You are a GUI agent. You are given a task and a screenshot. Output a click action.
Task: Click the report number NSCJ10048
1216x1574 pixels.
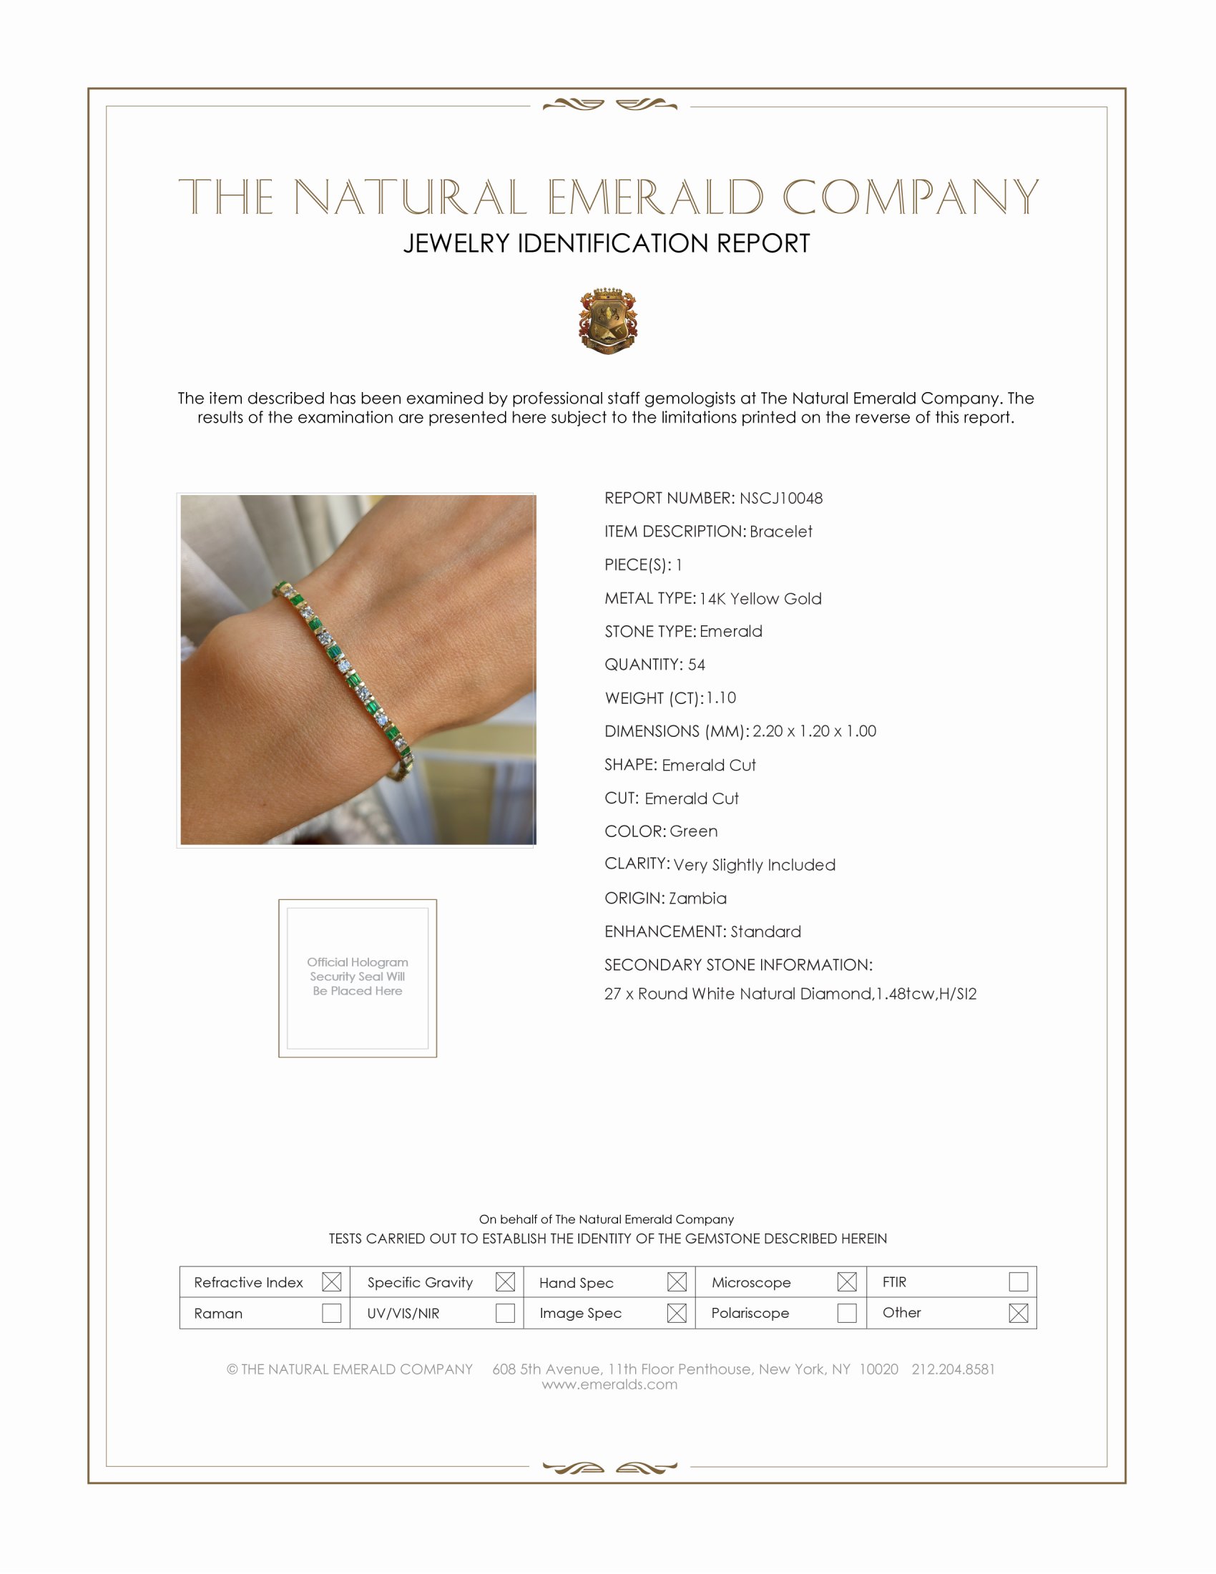(x=781, y=498)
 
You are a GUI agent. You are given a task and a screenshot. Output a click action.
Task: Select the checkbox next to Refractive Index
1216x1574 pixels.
(x=331, y=1282)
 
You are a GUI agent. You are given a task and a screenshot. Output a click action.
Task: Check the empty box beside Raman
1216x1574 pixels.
(x=331, y=1313)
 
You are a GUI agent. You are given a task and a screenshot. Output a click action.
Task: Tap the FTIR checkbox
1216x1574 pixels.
(x=1018, y=1282)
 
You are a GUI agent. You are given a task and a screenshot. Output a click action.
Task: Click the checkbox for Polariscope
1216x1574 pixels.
(x=847, y=1313)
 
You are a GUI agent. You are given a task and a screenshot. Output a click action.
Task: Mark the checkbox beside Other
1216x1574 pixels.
(x=1018, y=1313)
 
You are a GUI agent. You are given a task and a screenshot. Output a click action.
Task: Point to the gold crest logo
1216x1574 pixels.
(x=608, y=321)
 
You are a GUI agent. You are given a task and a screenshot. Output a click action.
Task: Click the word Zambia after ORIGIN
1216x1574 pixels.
(x=697, y=898)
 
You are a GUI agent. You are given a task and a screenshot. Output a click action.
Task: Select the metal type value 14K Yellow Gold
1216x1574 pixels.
(x=760, y=598)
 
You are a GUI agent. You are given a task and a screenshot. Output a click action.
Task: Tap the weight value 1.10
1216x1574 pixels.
(x=721, y=698)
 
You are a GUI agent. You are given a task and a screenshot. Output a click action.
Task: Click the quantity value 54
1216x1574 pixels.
(x=697, y=665)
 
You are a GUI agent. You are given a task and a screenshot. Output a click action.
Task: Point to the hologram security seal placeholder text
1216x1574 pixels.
(x=358, y=977)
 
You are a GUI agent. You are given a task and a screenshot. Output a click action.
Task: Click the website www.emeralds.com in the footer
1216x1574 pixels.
(x=609, y=1384)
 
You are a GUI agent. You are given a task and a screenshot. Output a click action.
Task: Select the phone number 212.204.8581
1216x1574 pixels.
(x=953, y=1369)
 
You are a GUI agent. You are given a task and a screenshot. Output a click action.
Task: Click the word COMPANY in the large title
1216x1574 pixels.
(x=911, y=197)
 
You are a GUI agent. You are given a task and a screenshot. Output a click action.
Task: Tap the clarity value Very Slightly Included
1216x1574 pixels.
(x=754, y=865)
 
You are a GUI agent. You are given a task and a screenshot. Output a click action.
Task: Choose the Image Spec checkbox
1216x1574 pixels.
(x=677, y=1313)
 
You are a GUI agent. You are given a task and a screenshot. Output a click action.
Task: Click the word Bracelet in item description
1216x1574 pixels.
(x=781, y=531)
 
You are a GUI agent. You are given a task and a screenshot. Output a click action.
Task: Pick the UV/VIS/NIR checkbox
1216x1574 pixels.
(x=505, y=1313)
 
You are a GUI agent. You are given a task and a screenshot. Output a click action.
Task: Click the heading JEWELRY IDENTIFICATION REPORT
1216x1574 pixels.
(x=607, y=243)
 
